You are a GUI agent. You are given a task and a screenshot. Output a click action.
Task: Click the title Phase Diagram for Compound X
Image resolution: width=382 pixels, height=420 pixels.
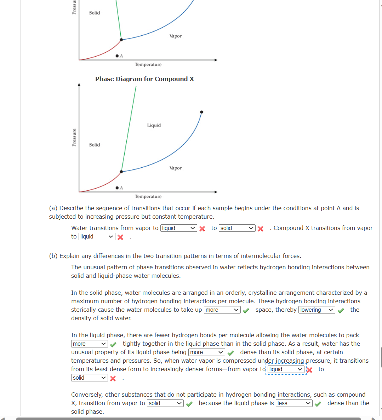[144, 79]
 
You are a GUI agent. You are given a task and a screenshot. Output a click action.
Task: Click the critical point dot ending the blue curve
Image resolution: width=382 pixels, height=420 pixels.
[201, 112]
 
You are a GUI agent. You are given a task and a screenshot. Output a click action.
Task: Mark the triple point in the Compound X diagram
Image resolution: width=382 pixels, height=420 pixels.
[121, 172]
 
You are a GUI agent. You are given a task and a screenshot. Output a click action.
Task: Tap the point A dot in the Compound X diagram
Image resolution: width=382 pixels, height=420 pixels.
[117, 188]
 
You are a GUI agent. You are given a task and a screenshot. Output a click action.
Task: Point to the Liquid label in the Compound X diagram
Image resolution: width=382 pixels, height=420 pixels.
[154, 125]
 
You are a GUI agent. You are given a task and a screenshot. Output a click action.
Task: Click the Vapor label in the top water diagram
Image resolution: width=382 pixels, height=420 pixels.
[175, 36]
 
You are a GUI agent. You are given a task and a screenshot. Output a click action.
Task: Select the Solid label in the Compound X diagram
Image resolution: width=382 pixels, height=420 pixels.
[94, 145]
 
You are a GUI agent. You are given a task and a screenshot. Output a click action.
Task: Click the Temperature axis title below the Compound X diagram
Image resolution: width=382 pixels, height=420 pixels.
[148, 196]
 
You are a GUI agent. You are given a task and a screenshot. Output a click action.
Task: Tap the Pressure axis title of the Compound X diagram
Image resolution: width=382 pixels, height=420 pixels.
[74, 137]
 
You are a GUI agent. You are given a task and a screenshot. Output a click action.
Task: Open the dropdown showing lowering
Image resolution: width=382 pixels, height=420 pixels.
[317, 310]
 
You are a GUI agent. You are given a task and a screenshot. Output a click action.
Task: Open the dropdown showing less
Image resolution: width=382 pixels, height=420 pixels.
[294, 403]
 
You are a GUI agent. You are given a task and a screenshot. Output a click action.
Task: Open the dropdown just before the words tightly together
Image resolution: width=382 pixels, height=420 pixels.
[89, 344]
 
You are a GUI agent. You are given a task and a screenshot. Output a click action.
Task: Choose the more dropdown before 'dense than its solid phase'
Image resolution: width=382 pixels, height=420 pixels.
[207, 352]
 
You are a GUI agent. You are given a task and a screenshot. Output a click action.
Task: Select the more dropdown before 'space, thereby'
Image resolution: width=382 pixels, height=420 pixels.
[222, 310]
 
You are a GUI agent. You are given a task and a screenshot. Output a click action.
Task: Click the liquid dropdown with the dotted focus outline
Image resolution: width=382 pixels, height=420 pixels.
[286, 369]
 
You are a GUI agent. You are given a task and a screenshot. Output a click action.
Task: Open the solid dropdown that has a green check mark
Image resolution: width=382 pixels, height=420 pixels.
[165, 403]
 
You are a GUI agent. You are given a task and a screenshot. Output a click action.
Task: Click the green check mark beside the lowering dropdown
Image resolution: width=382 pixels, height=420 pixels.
[341, 310]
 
